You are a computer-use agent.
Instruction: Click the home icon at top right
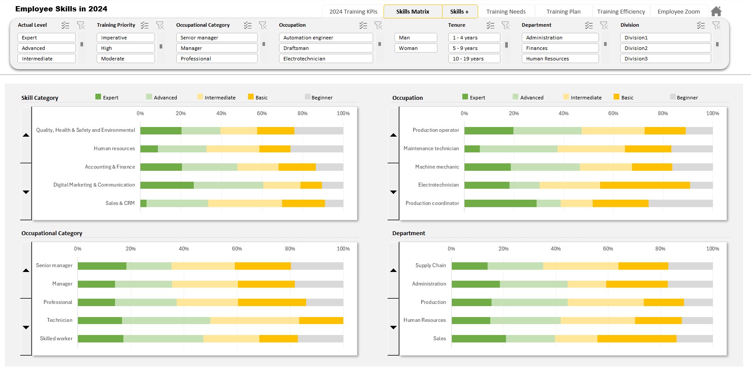point(716,11)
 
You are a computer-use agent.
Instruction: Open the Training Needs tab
point(506,12)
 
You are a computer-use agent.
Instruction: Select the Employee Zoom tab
point(678,12)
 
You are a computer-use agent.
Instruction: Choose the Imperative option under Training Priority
point(125,38)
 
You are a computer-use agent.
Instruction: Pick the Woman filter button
point(416,48)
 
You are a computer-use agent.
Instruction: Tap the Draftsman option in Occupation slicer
point(325,48)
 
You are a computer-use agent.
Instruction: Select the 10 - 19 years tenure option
point(474,59)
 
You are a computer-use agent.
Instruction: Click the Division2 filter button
point(665,48)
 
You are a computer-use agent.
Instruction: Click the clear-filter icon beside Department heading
point(604,25)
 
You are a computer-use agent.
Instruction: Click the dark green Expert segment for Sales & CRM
point(143,203)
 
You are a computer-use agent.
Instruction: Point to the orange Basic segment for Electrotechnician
point(645,185)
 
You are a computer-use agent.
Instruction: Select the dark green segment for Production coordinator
point(500,203)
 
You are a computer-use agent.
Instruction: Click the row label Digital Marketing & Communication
point(94,185)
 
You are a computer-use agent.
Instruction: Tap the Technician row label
point(59,320)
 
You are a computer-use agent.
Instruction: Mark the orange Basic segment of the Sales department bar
point(636,339)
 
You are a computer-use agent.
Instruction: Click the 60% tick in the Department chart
point(608,249)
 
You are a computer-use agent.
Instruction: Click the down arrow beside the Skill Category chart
point(26,192)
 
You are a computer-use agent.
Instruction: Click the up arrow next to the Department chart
point(393,270)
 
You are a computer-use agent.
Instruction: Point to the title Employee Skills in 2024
point(61,9)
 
